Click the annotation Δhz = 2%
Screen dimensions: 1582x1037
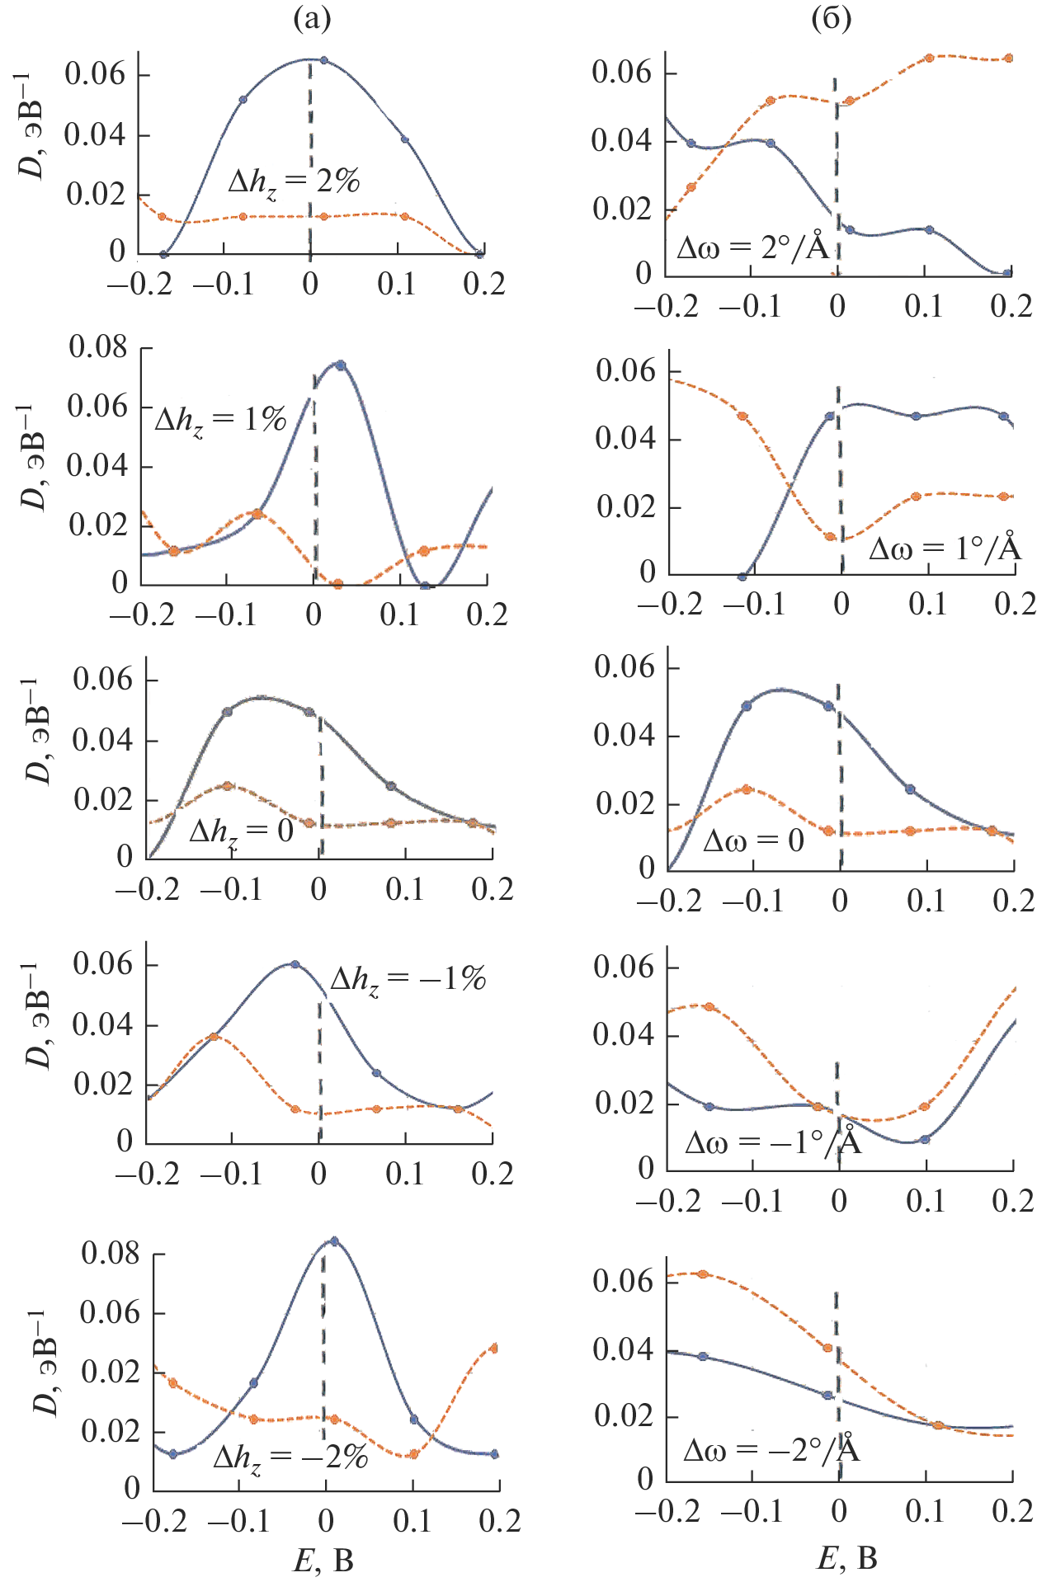[295, 181]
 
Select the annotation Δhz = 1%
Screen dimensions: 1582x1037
[220, 421]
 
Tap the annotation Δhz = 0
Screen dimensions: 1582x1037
[241, 831]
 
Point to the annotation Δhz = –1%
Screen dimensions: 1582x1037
[408, 980]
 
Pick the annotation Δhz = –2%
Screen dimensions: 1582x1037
[290, 1457]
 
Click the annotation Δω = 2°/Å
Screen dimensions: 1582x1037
[752, 247]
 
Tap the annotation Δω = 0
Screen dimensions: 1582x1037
[752, 840]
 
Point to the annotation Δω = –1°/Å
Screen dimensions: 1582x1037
[773, 1142]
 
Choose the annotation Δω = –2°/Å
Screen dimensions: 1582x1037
[771, 1450]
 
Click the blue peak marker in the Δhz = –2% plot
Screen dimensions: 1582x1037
[334, 1241]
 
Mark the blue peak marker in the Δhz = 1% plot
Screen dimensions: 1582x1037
[340, 365]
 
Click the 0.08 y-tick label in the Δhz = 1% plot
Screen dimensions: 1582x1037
[98, 347]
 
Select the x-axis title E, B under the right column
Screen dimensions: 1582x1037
[847, 1557]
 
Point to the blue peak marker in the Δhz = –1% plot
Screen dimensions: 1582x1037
[295, 964]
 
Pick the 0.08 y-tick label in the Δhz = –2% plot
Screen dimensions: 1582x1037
[111, 1254]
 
